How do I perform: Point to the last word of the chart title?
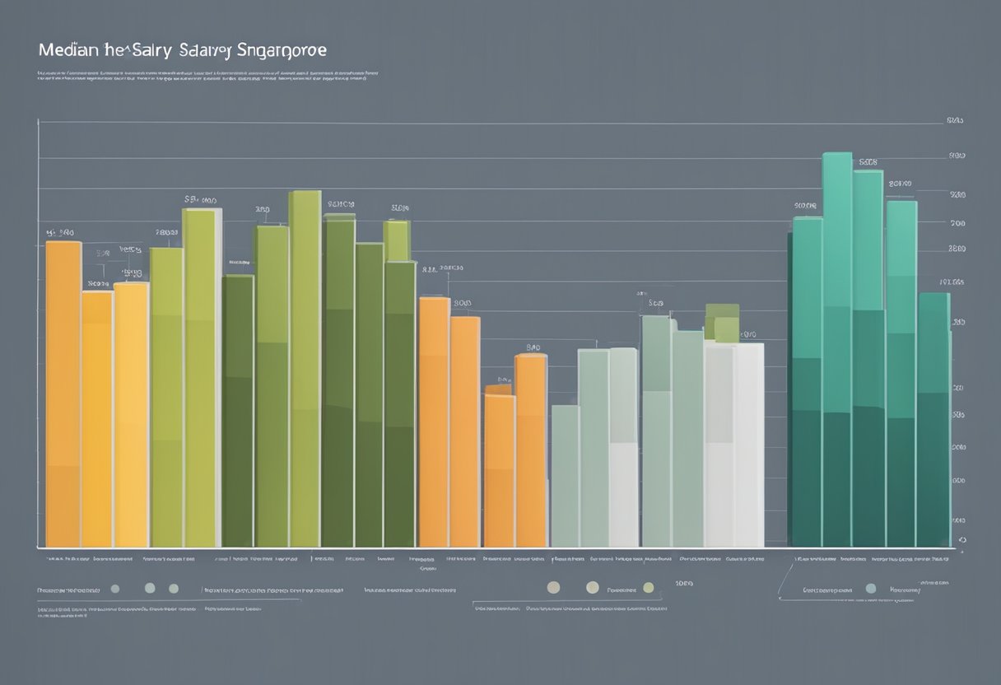point(282,51)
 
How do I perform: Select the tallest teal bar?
point(837,346)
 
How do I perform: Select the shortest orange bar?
point(499,469)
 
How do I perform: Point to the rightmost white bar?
point(749,445)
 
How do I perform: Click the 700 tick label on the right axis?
point(957,223)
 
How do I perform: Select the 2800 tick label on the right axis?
point(957,248)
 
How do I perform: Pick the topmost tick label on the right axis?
point(955,120)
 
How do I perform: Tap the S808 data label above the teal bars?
point(868,163)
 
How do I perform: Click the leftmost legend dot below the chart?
point(115,589)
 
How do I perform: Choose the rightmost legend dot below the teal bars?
point(871,589)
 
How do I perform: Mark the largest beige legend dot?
point(592,587)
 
